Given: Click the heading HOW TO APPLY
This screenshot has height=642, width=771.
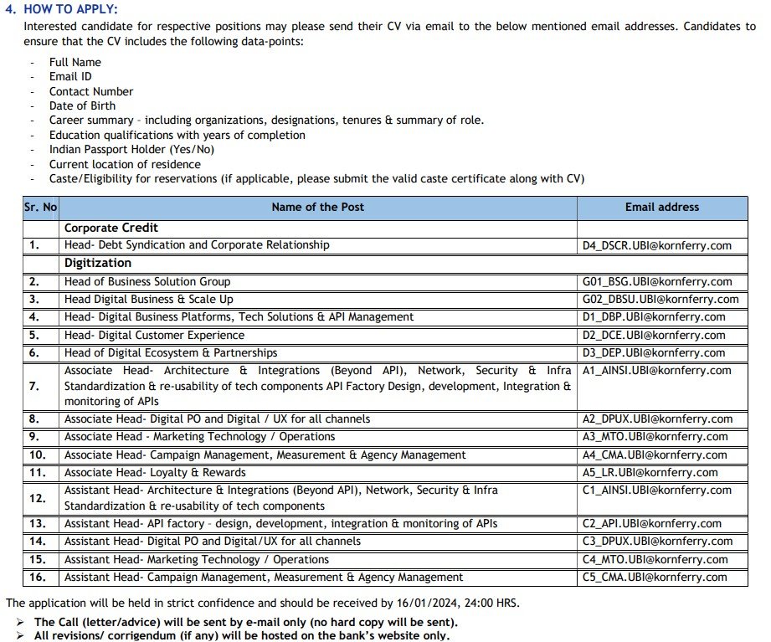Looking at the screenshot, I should click(70, 9).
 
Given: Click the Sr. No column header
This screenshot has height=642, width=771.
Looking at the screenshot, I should click(40, 207).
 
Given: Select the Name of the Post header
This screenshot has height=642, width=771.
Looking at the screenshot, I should click(317, 207).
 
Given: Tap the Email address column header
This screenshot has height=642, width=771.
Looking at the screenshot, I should click(661, 207).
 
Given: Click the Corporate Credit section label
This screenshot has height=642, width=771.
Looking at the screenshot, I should click(111, 228).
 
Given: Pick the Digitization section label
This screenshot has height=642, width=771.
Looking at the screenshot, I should click(98, 263).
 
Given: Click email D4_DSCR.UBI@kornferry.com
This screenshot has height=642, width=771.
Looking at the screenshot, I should click(657, 246).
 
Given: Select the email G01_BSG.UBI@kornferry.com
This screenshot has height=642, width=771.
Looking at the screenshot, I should click(657, 282).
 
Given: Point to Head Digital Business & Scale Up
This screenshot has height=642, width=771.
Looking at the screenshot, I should click(149, 300).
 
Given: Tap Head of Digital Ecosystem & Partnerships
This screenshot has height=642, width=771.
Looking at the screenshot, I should click(171, 353).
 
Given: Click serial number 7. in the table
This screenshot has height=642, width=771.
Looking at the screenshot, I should click(34, 386).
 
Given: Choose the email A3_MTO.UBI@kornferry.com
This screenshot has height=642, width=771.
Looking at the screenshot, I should click(655, 437).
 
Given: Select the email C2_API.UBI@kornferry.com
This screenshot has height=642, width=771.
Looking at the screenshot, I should click(652, 524).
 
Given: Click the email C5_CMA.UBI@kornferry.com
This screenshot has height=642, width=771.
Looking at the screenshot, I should click(655, 578).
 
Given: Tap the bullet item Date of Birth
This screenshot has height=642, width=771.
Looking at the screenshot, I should click(82, 106).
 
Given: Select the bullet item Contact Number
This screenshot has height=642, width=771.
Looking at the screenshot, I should click(91, 92).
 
